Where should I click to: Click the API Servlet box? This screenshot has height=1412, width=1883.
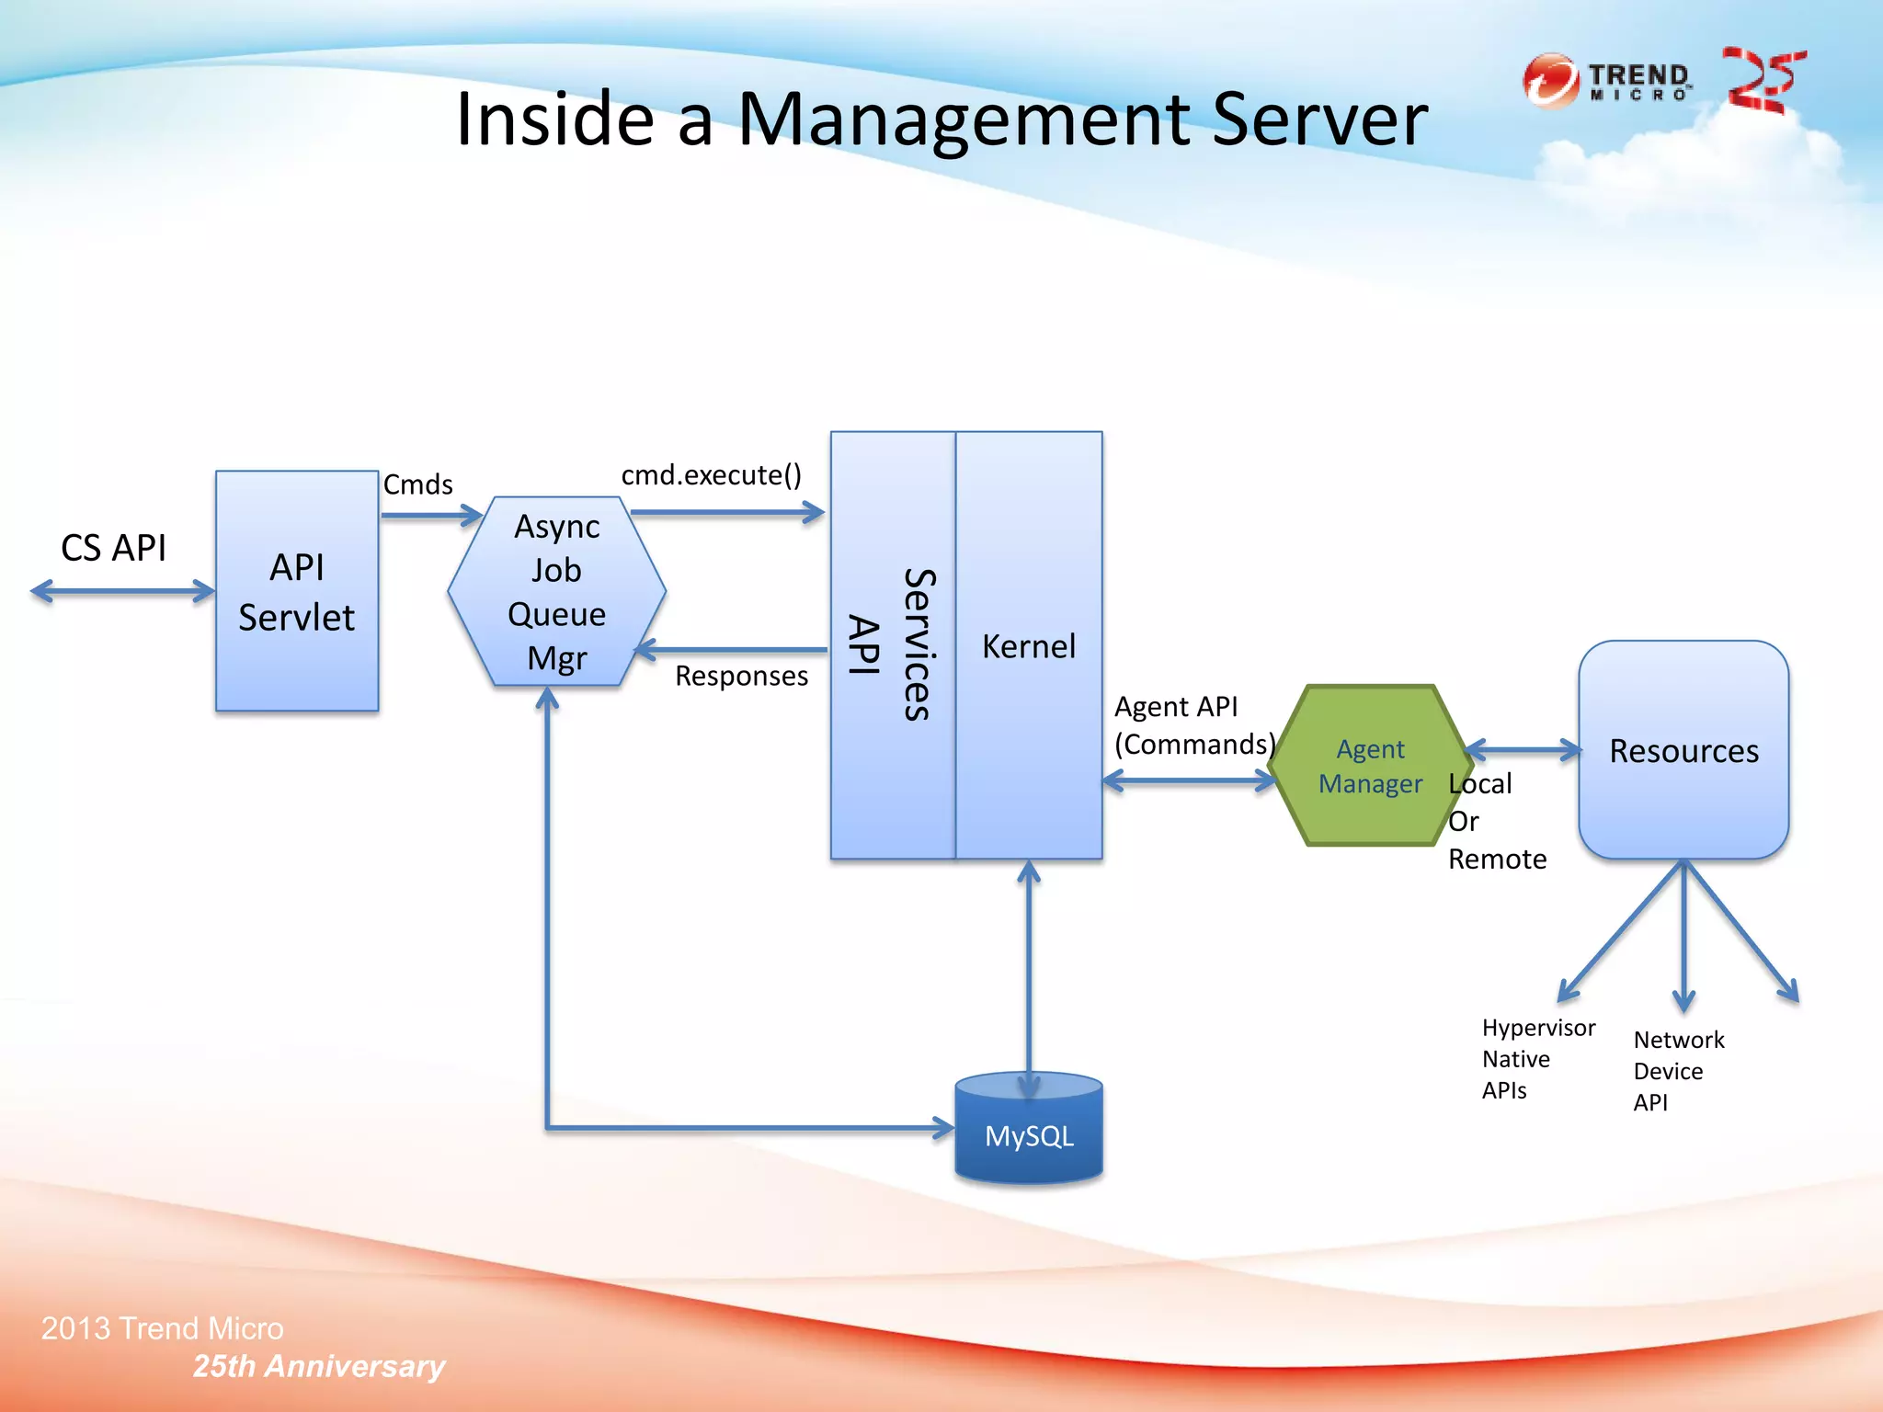pos(296,591)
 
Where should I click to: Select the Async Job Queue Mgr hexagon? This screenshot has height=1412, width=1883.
pos(556,591)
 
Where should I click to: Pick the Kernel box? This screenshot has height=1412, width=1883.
pos(1028,645)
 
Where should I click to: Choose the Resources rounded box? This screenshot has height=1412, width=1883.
pos(1683,750)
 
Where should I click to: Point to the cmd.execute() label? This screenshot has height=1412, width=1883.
pos(711,474)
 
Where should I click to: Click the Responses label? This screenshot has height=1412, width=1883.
pos(741,676)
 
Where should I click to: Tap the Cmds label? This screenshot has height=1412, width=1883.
pos(417,484)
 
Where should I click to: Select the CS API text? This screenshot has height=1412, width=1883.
pos(113,548)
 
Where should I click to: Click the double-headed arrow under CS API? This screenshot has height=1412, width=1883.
pos(122,591)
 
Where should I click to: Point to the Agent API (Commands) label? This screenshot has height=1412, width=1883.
pos(1193,725)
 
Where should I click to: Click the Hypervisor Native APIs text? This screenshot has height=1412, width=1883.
pos(1537,1058)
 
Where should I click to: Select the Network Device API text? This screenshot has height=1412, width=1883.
pos(1678,1070)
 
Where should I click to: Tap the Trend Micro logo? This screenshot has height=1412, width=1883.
pos(1606,81)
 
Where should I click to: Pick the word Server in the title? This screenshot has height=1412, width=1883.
pos(1319,120)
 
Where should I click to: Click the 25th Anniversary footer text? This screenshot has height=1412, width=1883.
pos(318,1366)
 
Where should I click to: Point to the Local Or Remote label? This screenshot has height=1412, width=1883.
pos(1495,821)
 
